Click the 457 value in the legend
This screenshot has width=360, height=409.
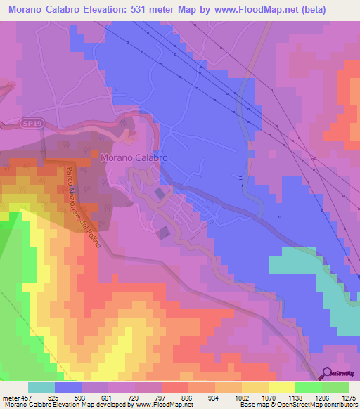[x=21, y=398]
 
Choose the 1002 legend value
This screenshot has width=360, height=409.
[x=241, y=398]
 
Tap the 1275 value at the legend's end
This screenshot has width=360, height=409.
[x=347, y=398]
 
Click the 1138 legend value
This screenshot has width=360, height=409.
[x=295, y=398]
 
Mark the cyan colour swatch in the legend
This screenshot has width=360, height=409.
[x=41, y=387]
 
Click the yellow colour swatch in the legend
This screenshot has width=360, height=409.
[x=281, y=387]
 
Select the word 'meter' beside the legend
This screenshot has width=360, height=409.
[x=8, y=398]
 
